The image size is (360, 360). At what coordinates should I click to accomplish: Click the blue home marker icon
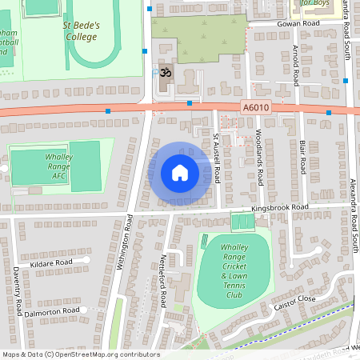coord(179,172)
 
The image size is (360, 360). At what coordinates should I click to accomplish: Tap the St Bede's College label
coord(82,30)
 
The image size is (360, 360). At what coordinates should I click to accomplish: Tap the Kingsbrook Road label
coord(279,207)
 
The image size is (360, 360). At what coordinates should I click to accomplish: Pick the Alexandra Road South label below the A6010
coord(353,216)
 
